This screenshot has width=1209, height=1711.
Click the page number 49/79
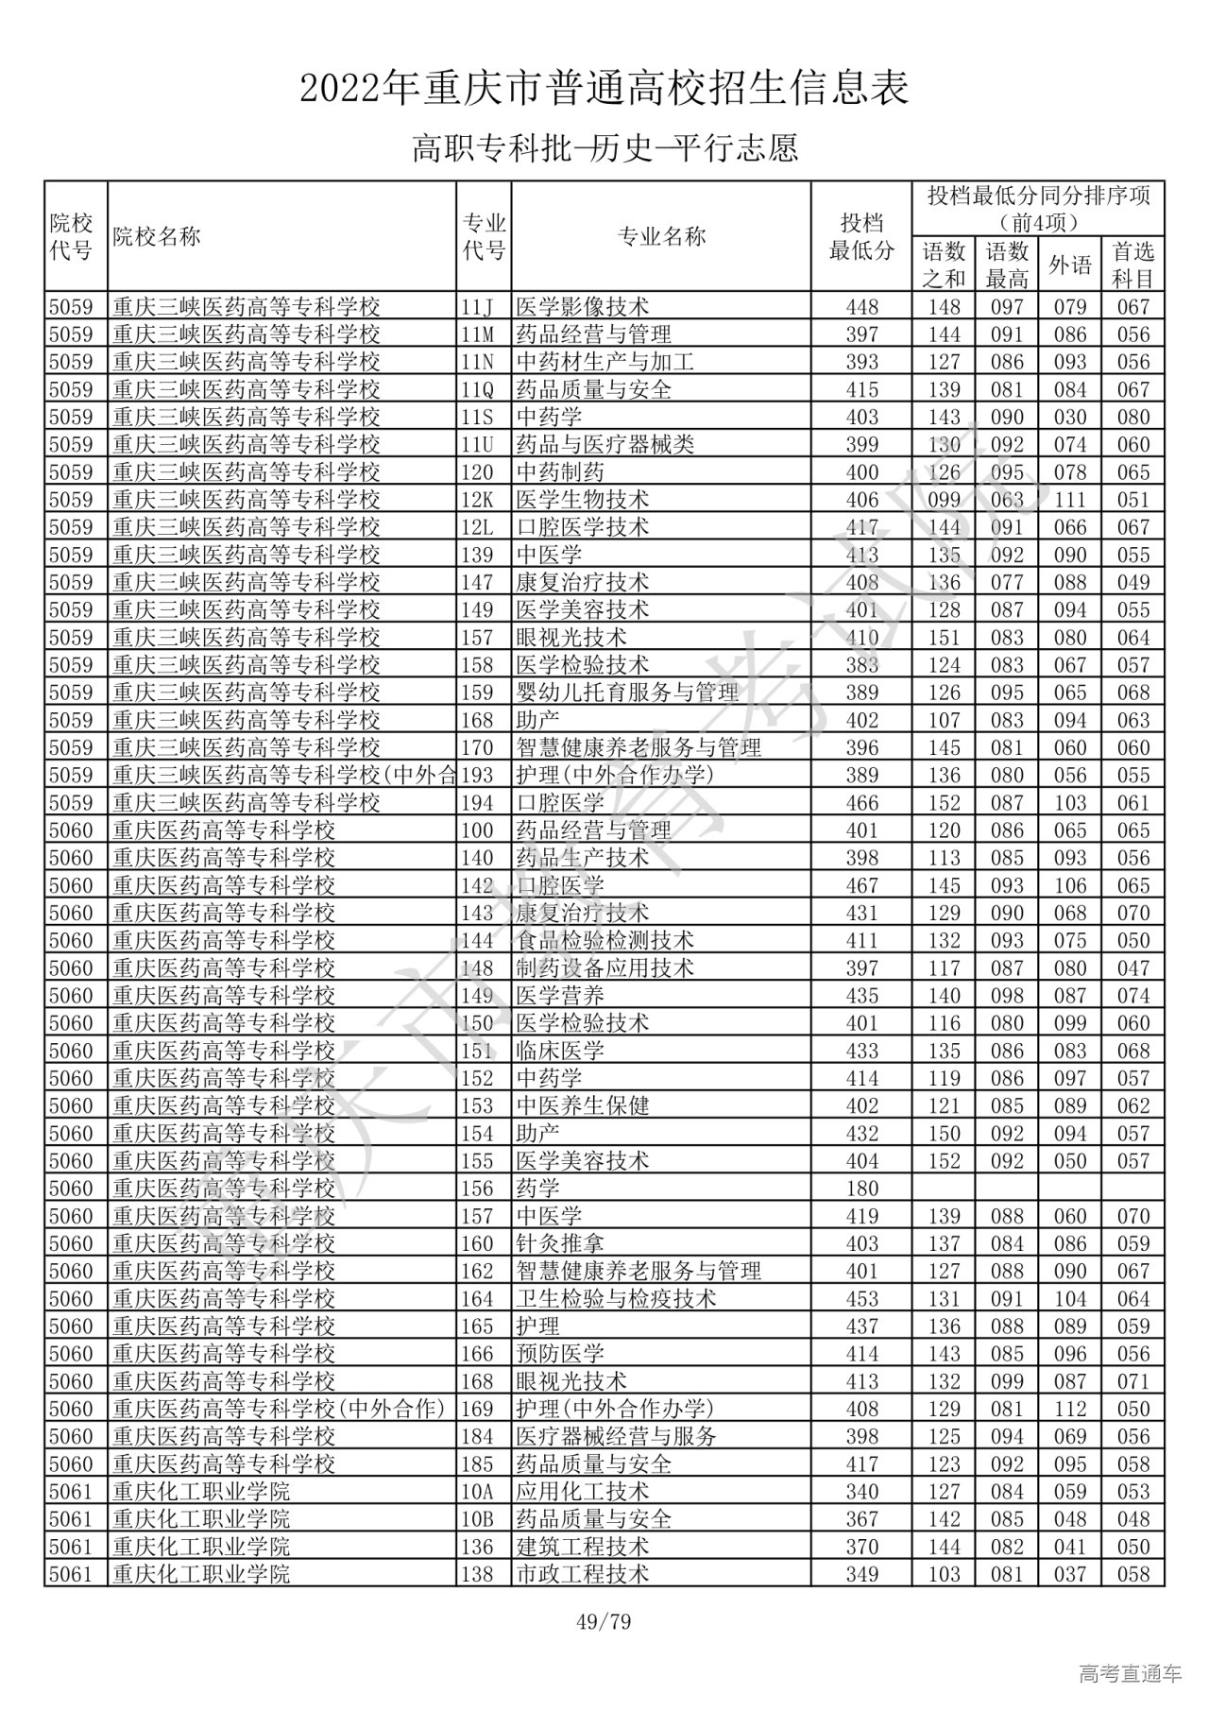[x=604, y=1622]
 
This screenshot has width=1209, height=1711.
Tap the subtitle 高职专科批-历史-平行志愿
[x=604, y=148]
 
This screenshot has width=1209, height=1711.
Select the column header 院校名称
[x=157, y=236]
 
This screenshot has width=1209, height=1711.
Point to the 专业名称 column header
[x=661, y=236]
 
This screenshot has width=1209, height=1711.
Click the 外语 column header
[x=1069, y=265]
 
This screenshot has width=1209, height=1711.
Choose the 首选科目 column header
[x=1132, y=265]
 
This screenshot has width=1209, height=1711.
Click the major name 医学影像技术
[x=583, y=307]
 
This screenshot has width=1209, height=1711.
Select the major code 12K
[x=478, y=500]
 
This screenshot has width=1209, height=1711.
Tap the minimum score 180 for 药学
[x=861, y=1189]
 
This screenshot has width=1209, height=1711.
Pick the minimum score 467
[x=861, y=885]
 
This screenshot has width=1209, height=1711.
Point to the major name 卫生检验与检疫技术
[x=616, y=1299]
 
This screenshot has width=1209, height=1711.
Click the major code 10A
[x=478, y=1492]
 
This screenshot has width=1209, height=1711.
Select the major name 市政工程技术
[x=583, y=1574]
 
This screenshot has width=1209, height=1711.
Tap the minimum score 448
[x=861, y=307]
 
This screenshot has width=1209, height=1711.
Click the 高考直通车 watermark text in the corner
[x=1130, y=1674]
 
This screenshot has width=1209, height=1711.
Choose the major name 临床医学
[x=560, y=1051]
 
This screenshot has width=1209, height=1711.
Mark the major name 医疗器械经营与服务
[x=616, y=1437]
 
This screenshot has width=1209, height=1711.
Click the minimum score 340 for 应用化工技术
[x=861, y=1492]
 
